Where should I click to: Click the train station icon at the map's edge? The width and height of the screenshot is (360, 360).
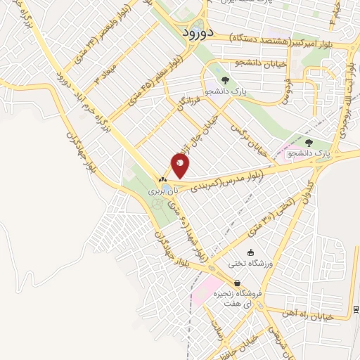(x=356, y=309)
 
